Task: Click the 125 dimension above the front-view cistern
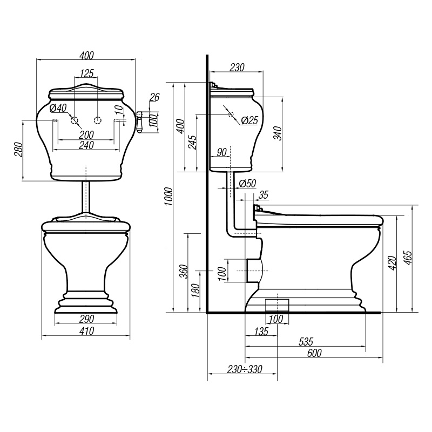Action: click(x=87, y=73)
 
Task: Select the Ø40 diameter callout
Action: click(x=58, y=107)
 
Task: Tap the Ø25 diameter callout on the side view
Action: click(x=249, y=120)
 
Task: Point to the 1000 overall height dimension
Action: click(x=168, y=197)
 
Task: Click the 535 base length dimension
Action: click(x=306, y=342)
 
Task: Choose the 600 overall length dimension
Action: click(x=314, y=353)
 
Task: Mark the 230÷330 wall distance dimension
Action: click(x=245, y=369)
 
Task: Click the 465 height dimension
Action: click(x=408, y=258)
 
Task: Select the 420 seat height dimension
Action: click(x=392, y=263)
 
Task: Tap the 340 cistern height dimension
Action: click(x=279, y=133)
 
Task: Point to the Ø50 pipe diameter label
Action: click(x=247, y=184)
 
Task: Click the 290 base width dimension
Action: click(x=87, y=319)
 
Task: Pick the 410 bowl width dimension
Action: click(x=87, y=330)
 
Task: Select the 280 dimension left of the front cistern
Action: click(x=19, y=150)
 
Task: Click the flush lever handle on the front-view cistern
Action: click(x=139, y=122)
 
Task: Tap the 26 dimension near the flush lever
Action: click(x=154, y=97)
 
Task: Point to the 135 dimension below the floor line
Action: click(x=261, y=331)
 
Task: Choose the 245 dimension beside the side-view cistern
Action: click(x=193, y=143)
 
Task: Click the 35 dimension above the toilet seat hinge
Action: click(x=264, y=195)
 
